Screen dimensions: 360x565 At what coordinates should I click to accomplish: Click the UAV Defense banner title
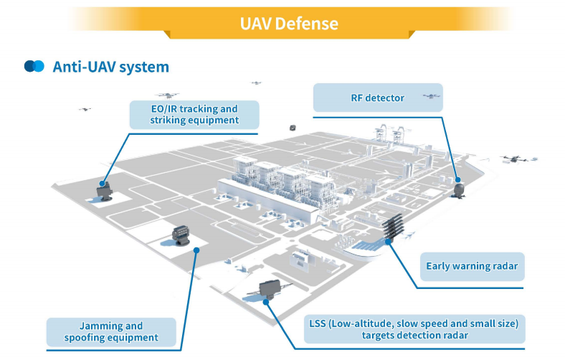pyautogui.click(x=289, y=23)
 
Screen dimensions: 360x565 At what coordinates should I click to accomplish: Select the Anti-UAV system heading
pyautogui.click(x=110, y=67)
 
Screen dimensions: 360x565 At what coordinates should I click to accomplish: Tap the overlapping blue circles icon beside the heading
pyautogui.click(x=34, y=66)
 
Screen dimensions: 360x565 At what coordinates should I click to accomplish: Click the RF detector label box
pyautogui.click(x=377, y=98)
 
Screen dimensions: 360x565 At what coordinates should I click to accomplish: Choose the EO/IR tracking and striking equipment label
pyautogui.click(x=194, y=115)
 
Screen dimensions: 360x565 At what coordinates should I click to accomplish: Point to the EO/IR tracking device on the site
pyautogui.click(x=105, y=191)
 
